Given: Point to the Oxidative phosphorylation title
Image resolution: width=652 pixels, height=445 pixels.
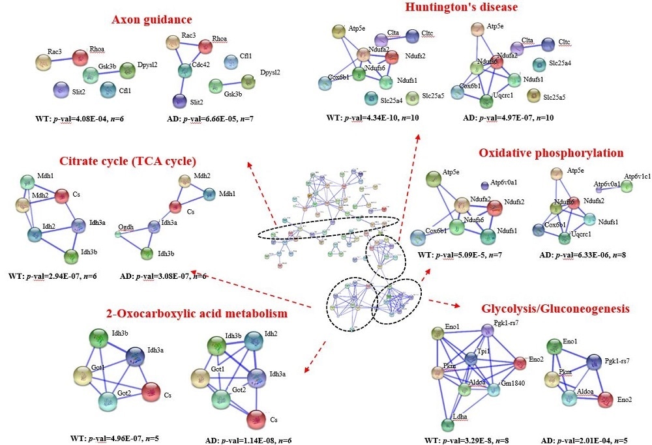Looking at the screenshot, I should (x=551, y=153).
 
